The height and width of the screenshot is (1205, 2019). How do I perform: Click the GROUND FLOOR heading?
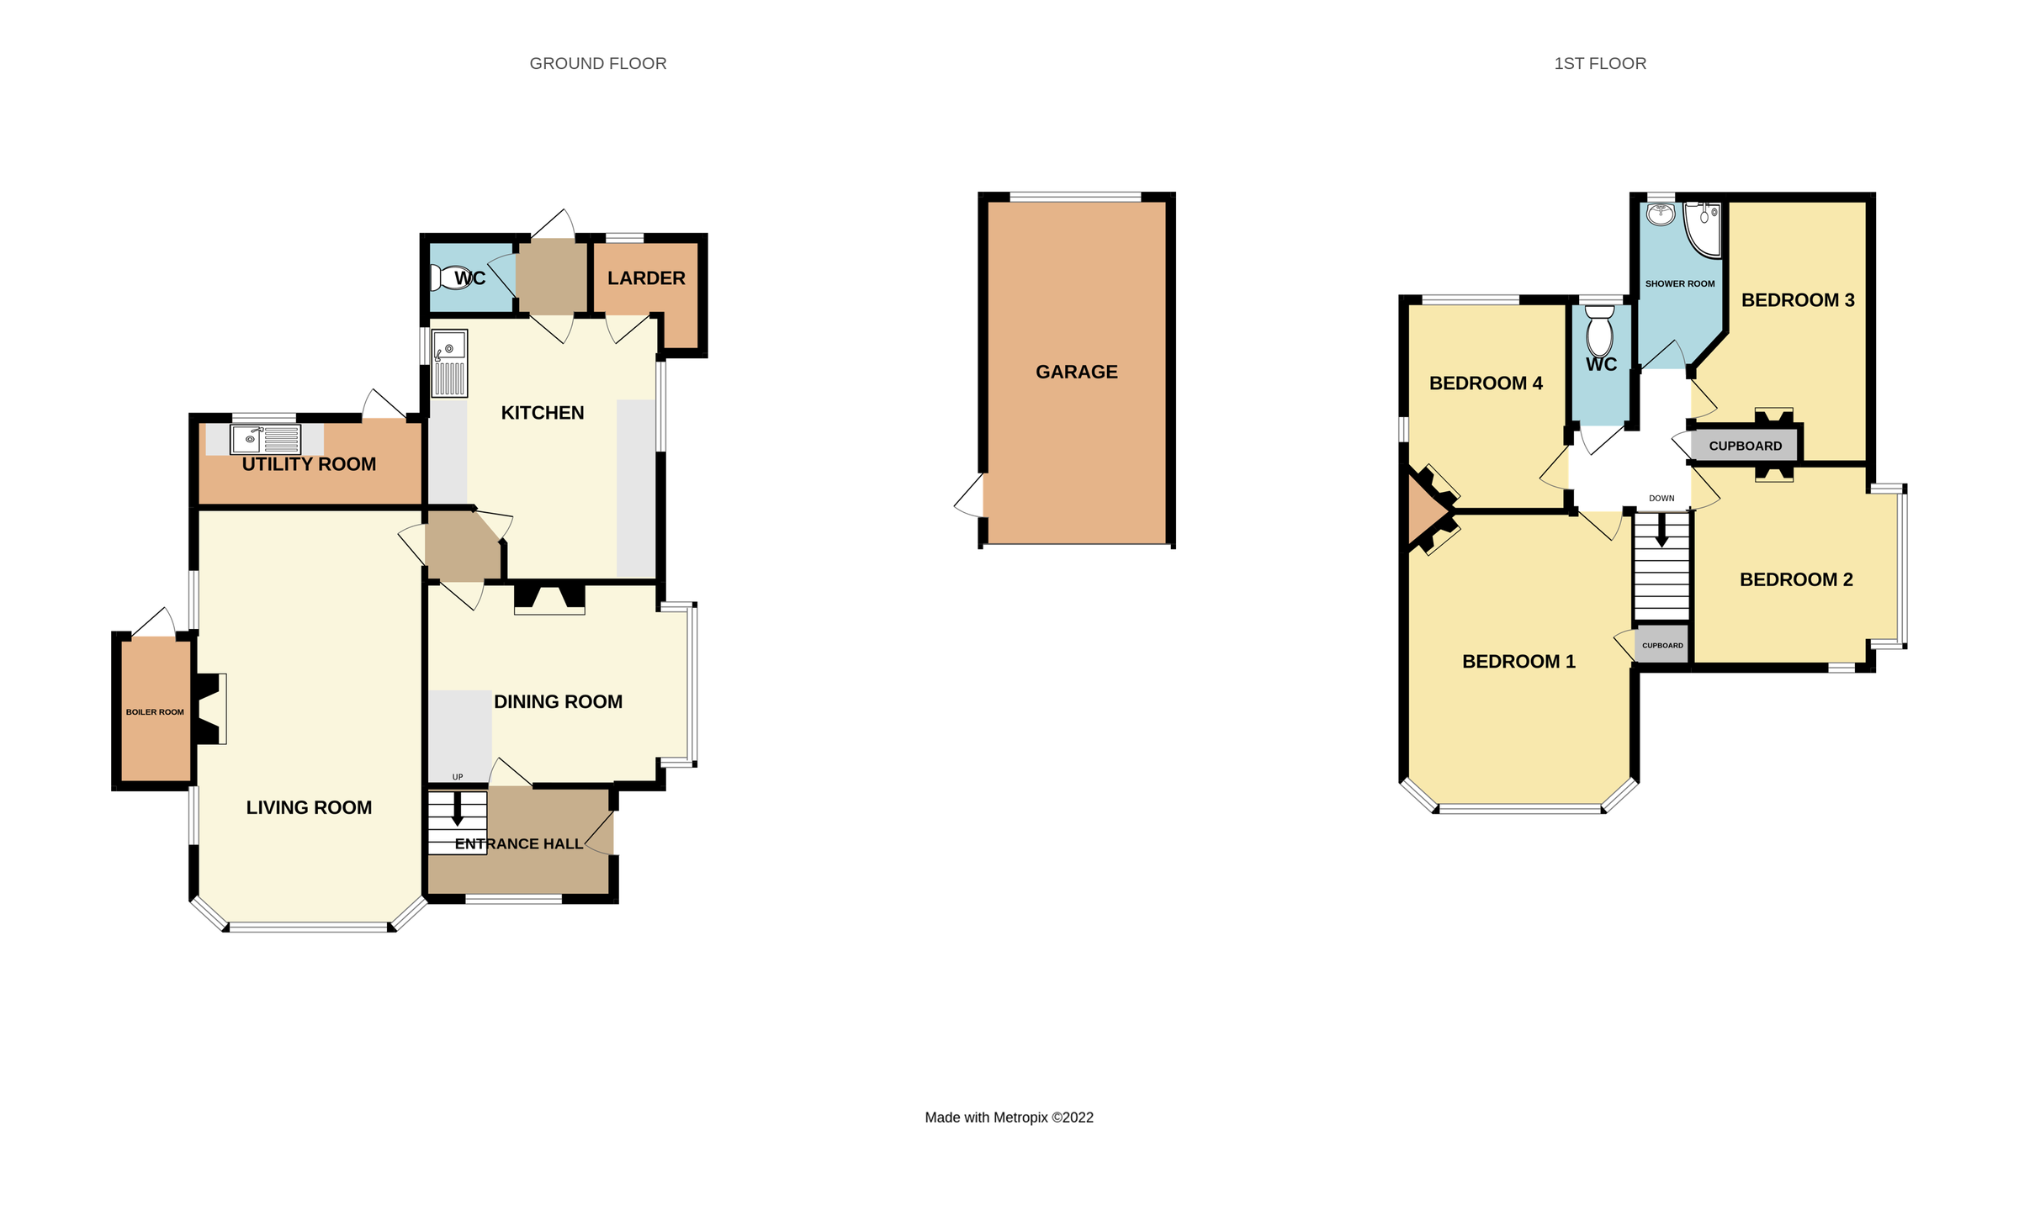(x=597, y=64)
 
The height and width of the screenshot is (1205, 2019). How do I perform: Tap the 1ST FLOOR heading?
(x=1599, y=64)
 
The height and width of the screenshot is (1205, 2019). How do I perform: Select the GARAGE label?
(x=1076, y=372)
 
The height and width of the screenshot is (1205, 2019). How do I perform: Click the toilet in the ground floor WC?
(x=451, y=277)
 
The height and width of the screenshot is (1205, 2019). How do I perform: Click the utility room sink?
(x=249, y=439)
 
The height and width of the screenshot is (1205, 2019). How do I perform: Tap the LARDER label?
(x=646, y=278)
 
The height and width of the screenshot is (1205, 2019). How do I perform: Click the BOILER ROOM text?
(x=155, y=712)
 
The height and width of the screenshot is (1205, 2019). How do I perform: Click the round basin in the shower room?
(x=1661, y=214)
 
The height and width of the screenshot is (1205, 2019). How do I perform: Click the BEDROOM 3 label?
(x=1798, y=300)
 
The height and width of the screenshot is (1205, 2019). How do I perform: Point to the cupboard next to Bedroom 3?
(x=1745, y=446)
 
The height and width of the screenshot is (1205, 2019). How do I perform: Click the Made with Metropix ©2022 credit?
(x=1009, y=1118)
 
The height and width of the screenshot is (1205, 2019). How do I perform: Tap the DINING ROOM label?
(x=558, y=702)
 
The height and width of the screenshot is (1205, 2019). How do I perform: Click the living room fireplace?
(x=210, y=708)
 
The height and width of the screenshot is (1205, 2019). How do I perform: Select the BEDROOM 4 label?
(x=1486, y=383)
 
